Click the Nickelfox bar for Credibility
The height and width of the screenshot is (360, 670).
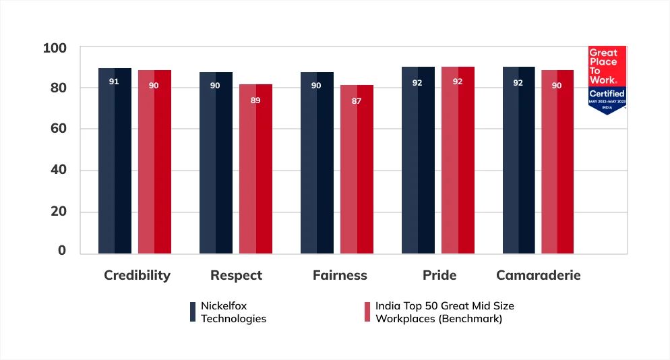click(x=115, y=162)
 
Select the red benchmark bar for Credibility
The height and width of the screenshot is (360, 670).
click(x=154, y=162)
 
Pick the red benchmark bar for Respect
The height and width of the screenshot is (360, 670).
click(x=255, y=169)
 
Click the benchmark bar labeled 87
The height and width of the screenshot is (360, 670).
click(x=357, y=169)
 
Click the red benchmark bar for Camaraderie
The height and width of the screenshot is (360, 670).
click(x=557, y=162)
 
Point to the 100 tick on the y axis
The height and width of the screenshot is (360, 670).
click(x=55, y=49)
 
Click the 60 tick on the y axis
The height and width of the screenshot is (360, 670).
click(x=58, y=129)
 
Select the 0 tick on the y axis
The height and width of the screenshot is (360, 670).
click(x=62, y=251)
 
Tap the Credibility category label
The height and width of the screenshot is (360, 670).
click(x=137, y=276)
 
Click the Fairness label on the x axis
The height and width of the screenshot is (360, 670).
click(x=340, y=276)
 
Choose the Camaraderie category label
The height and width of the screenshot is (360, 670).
click(x=538, y=276)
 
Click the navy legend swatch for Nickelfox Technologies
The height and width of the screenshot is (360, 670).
click(x=193, y=311)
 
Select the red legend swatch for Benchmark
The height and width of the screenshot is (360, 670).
click(x=367, y=311)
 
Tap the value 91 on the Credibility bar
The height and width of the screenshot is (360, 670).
click(x=115, y=82)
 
